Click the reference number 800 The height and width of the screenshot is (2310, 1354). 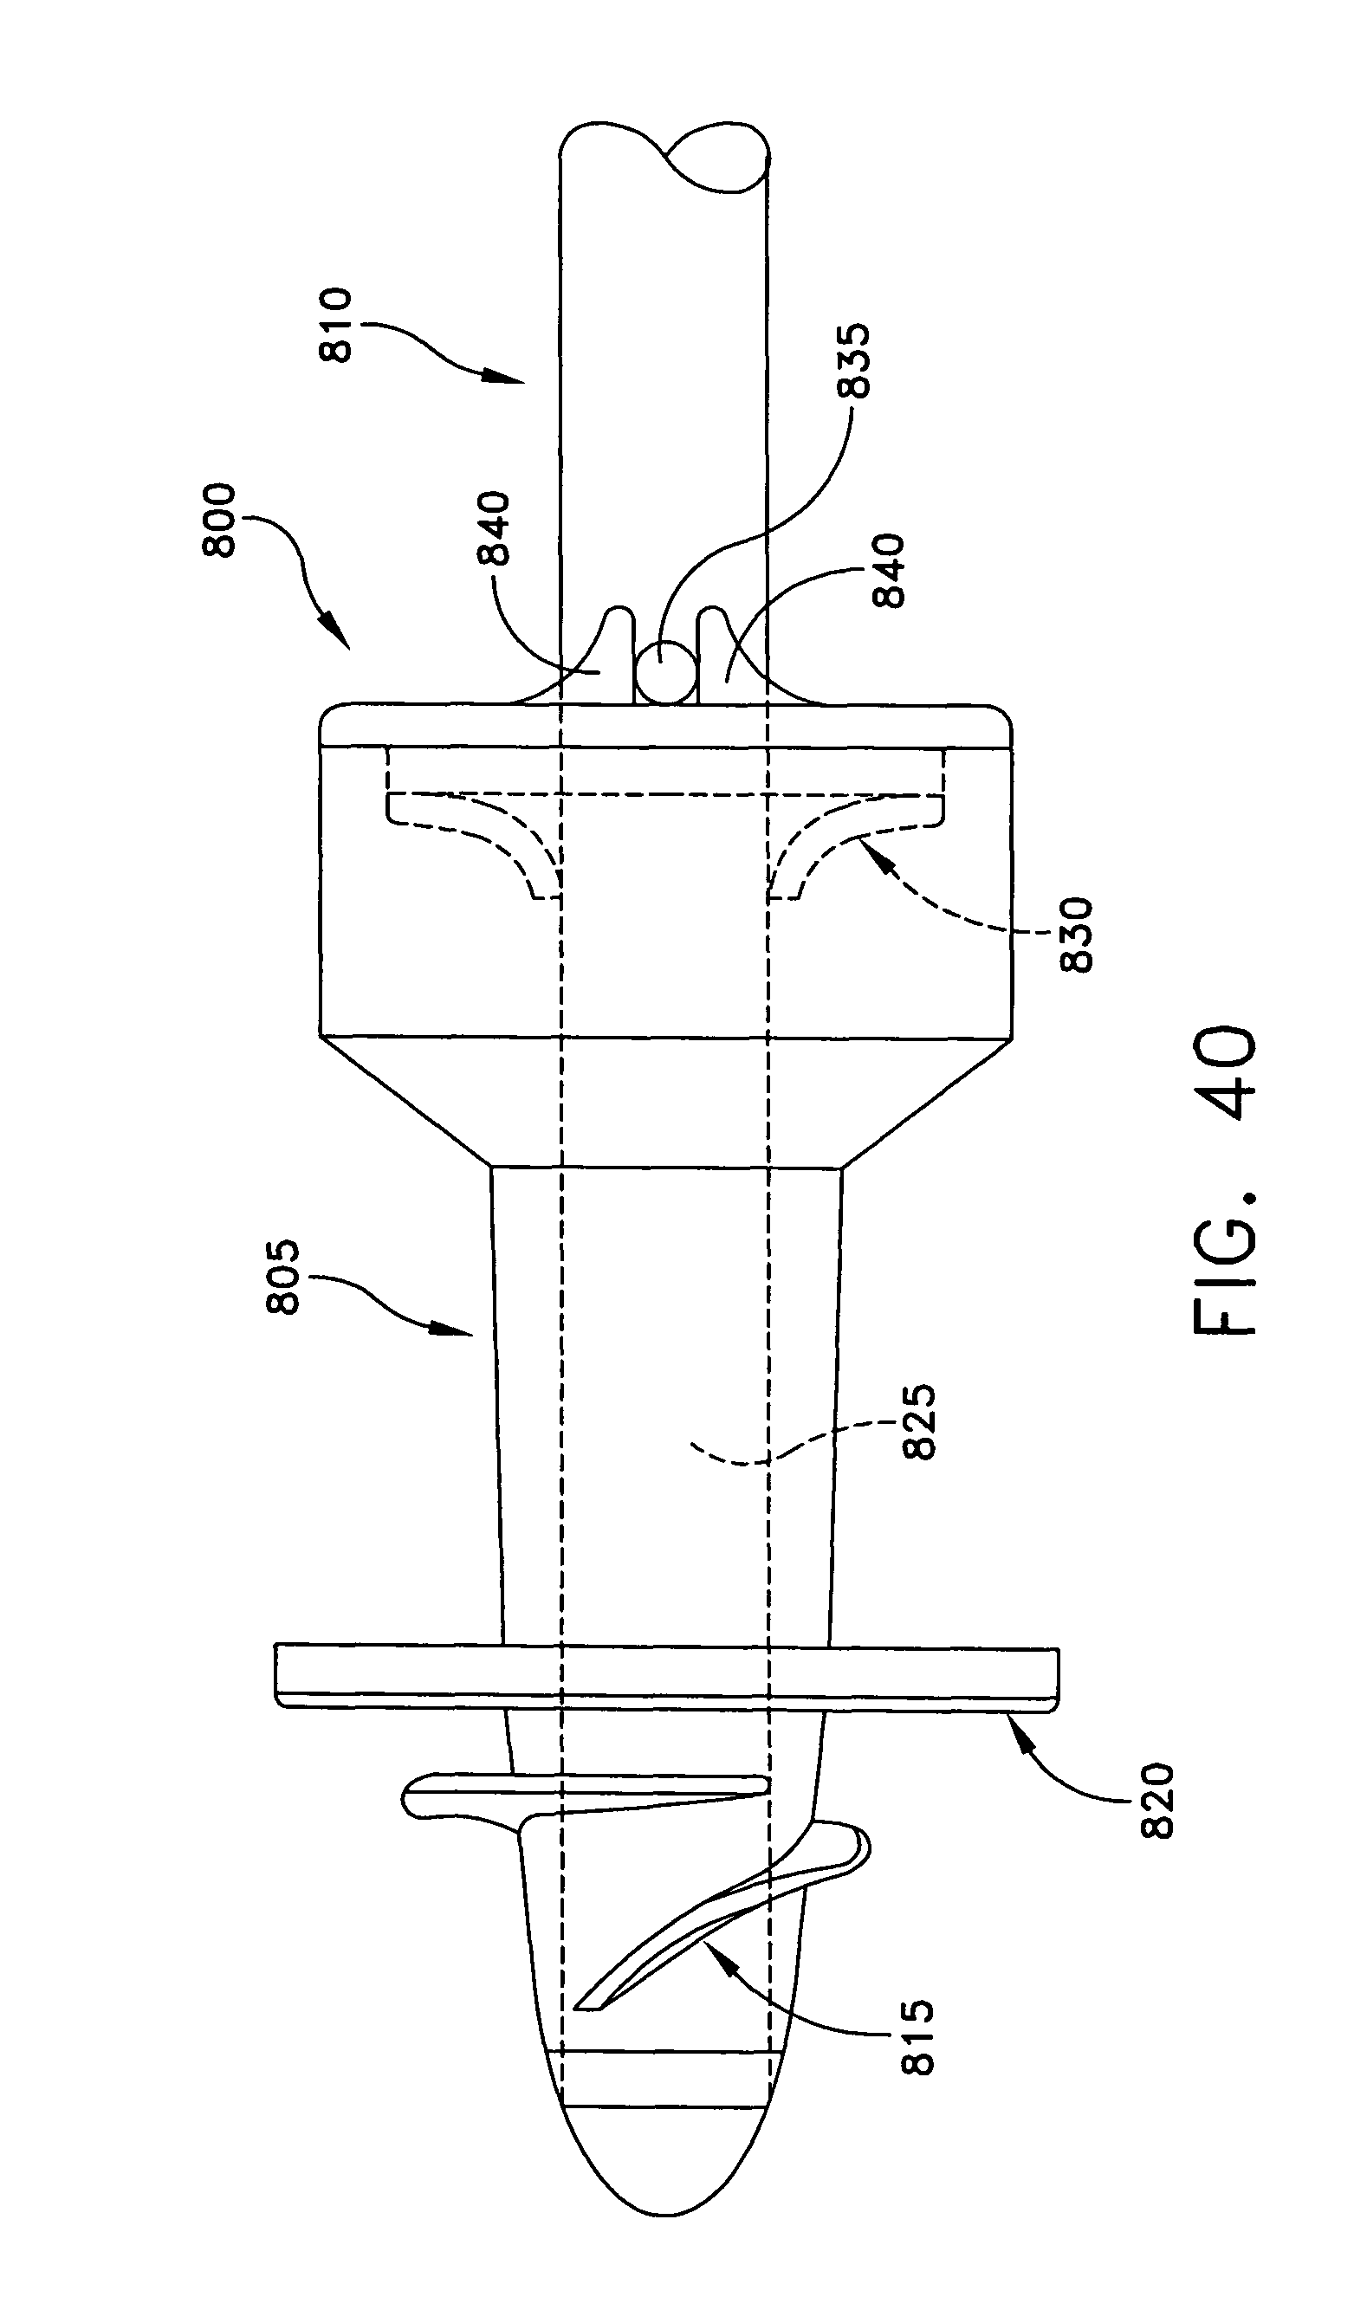pyautogui.click(x=221, y=521)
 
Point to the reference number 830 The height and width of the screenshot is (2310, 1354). pyautogui.click(x=1077, y=935)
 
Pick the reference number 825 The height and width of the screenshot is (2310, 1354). pyautogui.click(x=920, y=1420)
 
